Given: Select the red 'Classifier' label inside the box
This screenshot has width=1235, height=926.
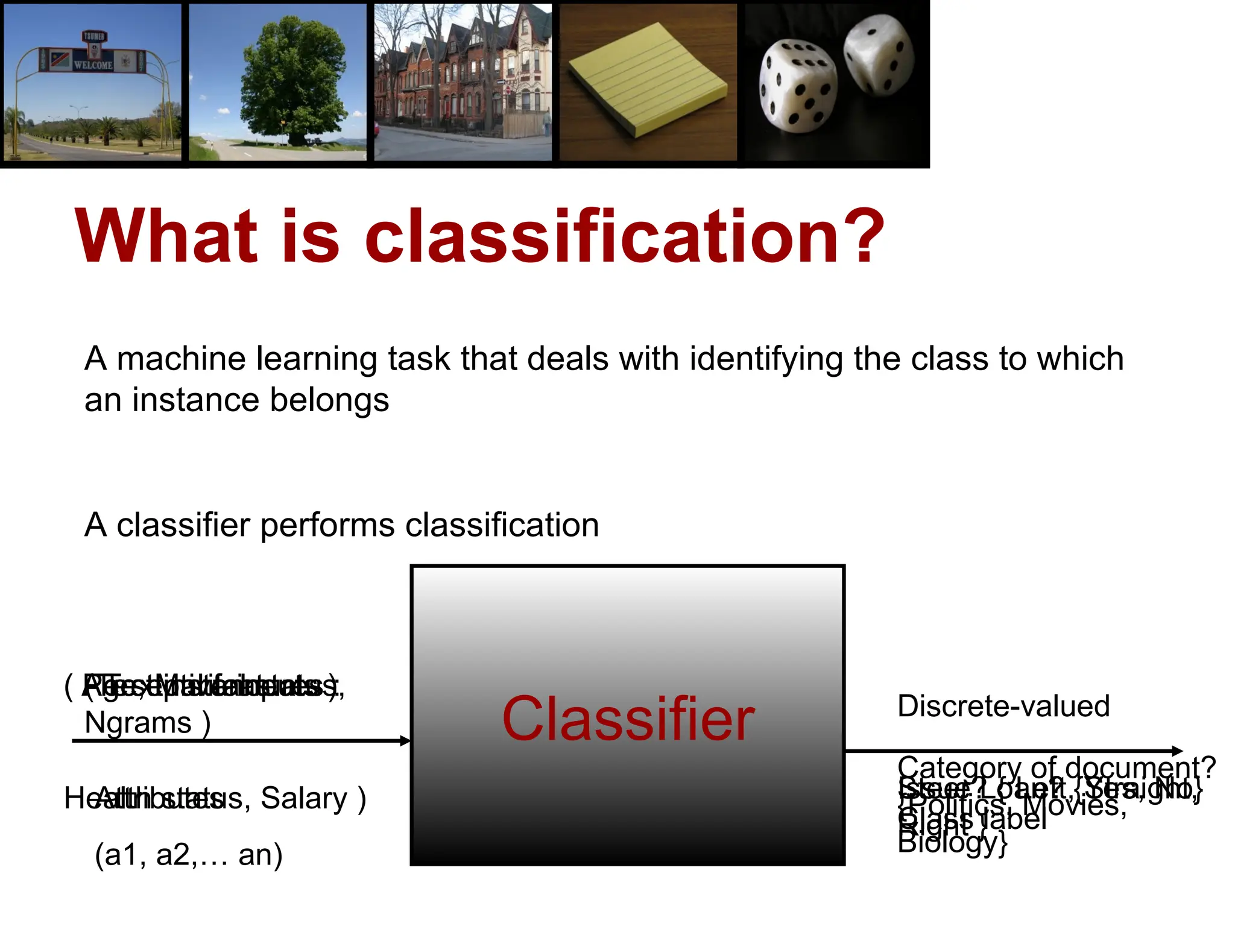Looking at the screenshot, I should pos(628,719).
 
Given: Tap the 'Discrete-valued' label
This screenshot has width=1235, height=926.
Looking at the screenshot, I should pos(1003,706).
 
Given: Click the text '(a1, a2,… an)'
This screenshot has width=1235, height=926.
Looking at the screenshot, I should pos(188,855).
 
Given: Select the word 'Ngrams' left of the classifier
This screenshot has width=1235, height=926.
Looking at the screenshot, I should pos(138,723).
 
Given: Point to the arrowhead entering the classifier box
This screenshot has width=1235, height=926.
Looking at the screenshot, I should pos(405,741).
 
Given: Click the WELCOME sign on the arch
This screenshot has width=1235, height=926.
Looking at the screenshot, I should pos(93,65).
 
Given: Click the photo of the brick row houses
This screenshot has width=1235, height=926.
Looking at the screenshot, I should pos(463,81).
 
